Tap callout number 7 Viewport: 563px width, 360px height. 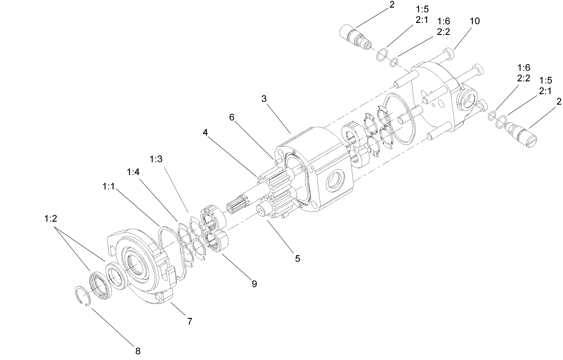pos(189,321)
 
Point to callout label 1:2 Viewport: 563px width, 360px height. pos(51,218)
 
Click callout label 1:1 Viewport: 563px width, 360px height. pos(109,186)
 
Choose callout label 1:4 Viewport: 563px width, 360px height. pos(133,172)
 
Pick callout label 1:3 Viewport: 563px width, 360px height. pos(156,159)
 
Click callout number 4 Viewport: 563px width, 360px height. pos(206,132)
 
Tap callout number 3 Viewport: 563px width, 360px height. pos(264,99)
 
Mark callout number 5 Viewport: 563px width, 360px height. pos(297,258)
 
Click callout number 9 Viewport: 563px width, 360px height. pos(254,283)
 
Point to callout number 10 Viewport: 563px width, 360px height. pos(474,21)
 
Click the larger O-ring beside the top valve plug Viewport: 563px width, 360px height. pos(381,55)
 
